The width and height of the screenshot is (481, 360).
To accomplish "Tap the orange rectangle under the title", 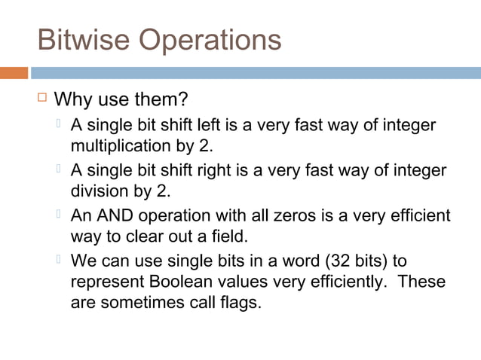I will pos(14,73).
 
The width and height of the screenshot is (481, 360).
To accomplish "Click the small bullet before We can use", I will pos(59,260).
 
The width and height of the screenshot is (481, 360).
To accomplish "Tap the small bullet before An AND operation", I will pos(59,214).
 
